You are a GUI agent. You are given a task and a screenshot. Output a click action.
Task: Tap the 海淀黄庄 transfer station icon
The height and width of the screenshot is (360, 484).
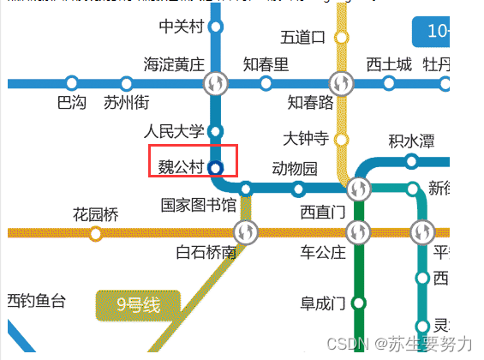[215, 83]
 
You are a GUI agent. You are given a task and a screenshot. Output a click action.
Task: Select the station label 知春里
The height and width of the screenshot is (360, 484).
[266, 64]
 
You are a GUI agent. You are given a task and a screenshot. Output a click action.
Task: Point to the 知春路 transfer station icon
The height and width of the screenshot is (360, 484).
[343, 83]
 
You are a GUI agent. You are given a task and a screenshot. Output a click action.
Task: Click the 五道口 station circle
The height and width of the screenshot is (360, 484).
[341, 37]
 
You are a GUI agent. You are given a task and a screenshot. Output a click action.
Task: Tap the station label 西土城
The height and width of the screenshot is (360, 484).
[389, 64]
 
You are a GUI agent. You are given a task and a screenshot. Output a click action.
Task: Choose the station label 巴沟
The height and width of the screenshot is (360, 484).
[72, 103]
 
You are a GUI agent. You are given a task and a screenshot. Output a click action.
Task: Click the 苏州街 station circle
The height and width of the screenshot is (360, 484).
[126, 83]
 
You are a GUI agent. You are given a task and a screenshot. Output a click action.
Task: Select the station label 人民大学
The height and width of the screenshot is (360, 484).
[175, 132]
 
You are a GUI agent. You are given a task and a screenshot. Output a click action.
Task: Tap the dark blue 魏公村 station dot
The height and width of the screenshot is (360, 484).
[215, 167]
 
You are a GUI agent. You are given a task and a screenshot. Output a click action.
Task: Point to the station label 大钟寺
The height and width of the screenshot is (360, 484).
[306, 138]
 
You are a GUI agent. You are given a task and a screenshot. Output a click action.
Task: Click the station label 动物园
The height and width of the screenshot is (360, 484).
[295, 168]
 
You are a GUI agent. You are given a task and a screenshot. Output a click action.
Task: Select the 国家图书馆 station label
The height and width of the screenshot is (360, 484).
[199, 206]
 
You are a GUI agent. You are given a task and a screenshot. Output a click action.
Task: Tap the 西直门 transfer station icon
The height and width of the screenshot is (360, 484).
[359, 189]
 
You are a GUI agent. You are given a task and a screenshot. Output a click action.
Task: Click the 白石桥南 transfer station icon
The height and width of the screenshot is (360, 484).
[245, 231]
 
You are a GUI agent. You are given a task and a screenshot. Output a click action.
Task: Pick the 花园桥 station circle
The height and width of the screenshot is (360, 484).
[95, 233]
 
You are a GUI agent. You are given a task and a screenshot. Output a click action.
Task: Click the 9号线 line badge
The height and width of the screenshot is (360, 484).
[138, 303]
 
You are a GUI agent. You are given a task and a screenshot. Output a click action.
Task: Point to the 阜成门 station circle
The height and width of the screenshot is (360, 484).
[359, 303]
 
